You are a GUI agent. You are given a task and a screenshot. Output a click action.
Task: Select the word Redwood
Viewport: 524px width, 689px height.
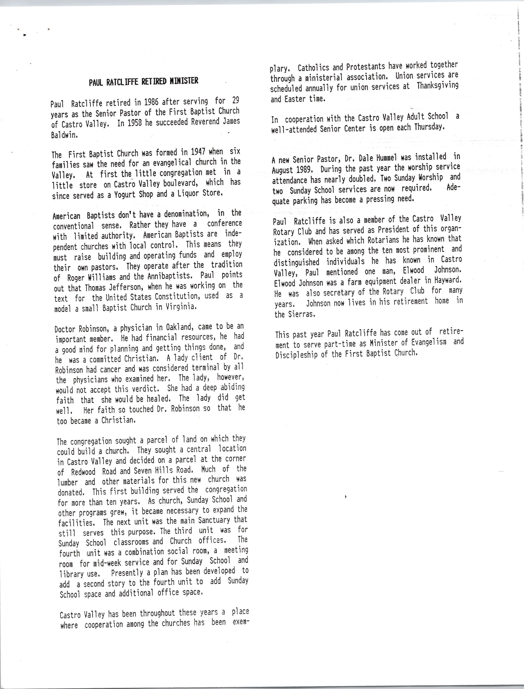coord(83,472)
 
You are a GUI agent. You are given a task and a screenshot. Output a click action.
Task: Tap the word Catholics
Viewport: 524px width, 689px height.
coord(318,67)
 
